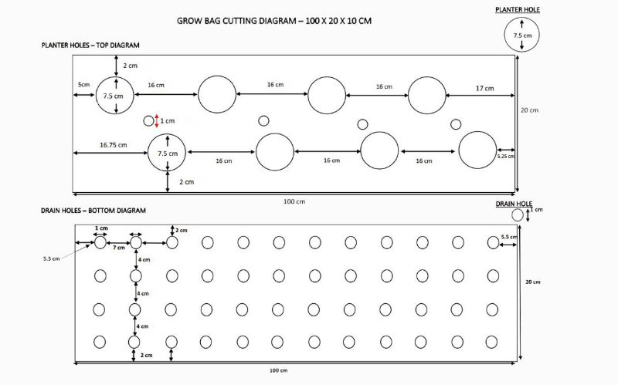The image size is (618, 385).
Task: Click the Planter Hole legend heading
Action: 518,9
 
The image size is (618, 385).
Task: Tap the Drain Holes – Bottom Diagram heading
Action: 93,210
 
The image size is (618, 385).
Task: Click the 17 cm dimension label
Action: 484,89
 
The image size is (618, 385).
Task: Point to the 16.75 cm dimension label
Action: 113,144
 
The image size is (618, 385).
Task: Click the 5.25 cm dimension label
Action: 505,156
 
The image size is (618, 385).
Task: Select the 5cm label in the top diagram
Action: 83,84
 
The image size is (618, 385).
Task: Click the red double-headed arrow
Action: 157,121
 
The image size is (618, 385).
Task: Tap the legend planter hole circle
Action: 522,35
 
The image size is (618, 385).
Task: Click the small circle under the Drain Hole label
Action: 518,214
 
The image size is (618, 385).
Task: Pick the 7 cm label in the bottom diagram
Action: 118,248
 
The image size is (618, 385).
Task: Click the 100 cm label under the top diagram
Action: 294,201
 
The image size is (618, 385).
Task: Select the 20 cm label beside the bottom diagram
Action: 532,282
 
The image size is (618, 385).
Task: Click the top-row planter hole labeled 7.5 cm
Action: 115,96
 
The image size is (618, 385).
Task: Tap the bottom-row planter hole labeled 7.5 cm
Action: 167,153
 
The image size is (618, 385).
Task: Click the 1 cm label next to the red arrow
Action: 167,121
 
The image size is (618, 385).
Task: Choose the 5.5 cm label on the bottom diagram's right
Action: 509,236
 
